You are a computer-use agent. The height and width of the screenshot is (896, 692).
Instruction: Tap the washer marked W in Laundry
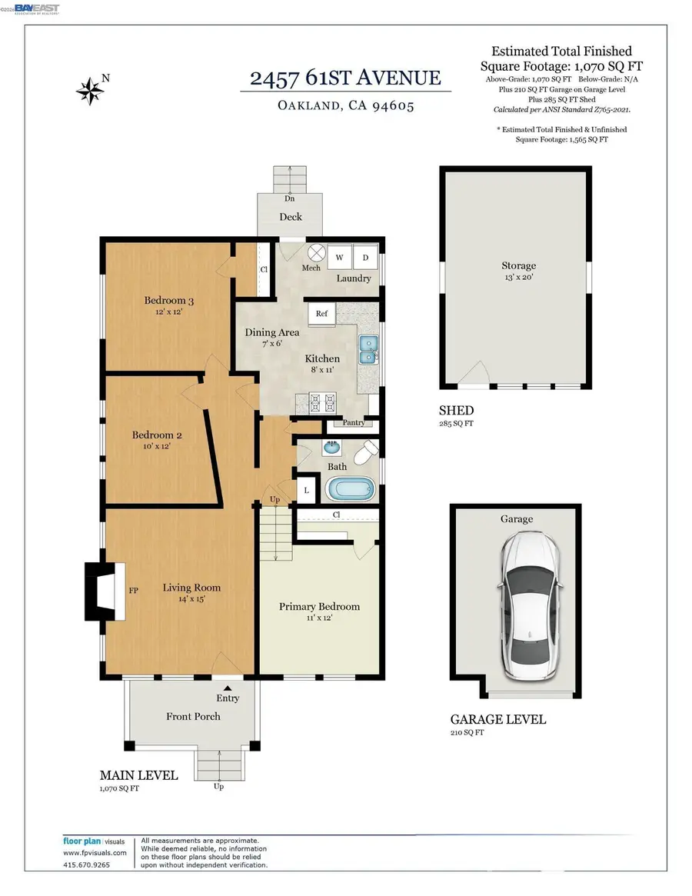click(x=339, y=258)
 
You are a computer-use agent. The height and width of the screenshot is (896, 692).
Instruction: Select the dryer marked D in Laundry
click(x=364, y=258)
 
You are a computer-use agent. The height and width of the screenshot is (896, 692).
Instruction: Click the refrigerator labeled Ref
click(x=321, y=314)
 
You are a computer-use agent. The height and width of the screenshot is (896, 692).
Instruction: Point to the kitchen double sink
click(x=368, y=350)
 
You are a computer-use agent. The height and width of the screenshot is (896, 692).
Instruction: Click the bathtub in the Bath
click(x=351, y=489)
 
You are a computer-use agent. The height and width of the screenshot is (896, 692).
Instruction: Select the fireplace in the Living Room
click(x=106, y=591)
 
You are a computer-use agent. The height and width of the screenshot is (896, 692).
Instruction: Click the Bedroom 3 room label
click(x=165, y=300)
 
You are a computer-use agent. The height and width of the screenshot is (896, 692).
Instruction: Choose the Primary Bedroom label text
click(x=319, y=606)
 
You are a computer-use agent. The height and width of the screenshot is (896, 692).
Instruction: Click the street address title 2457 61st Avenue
click(x=346, y=78)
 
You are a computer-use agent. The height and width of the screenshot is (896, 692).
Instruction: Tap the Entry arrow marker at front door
click(x=228, y=688)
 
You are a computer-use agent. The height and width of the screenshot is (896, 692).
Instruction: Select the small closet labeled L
click(x=306, y=490)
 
